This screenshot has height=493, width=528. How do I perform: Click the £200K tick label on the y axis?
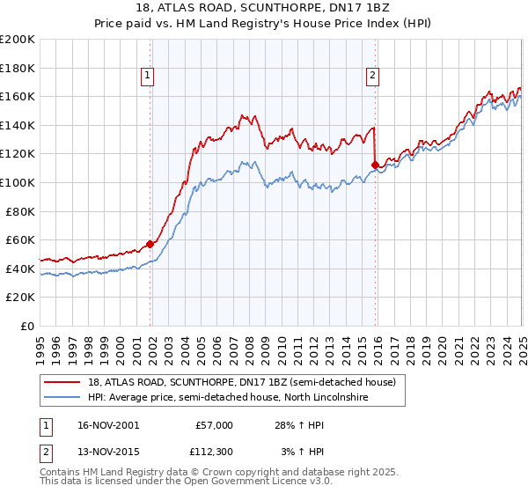click(18, 40)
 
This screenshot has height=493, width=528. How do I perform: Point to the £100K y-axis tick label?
click(18, 183)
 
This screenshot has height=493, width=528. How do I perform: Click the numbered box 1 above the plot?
click(147, 76)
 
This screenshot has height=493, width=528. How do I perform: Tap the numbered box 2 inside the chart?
click(373, 76)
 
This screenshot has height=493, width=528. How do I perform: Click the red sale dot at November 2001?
click(150, 244)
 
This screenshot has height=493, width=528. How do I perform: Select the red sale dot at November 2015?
click(376, 165)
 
